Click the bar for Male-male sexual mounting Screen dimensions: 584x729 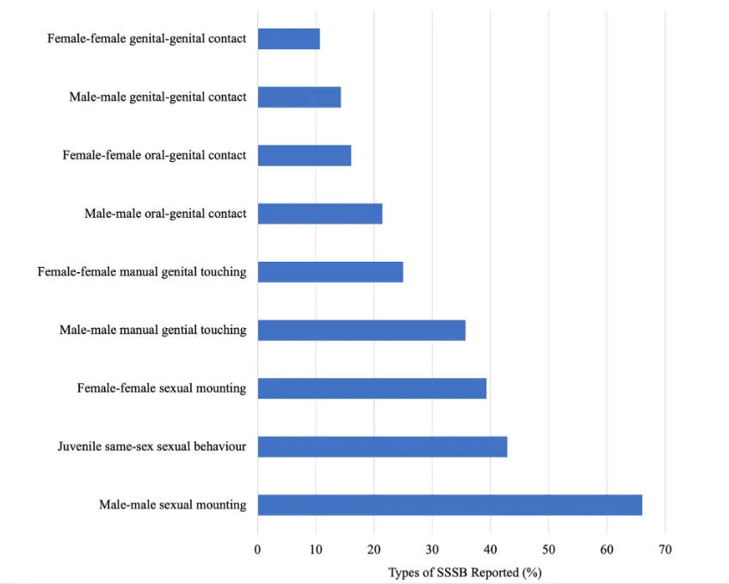(x=449, y=505)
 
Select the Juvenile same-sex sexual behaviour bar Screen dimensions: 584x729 (x=382, y=446)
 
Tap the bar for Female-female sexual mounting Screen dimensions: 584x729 (x=372, y=388)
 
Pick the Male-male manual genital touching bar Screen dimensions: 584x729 (x=361, y=330)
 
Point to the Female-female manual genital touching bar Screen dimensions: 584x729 (x=331, y=272)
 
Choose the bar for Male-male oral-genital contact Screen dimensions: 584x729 (x=319, y=214)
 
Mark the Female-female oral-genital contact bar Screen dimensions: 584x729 (x=304, y=155)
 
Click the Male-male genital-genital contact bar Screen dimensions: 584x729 (x=299, y=97)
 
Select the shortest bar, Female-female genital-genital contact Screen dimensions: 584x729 (x=288, y=39)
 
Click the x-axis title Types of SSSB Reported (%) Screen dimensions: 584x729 (x=465, y=572)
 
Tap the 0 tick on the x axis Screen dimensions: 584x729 (x=257, y=549)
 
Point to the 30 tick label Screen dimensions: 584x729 (x=432, y=549)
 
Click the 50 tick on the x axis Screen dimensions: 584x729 (x=548, y=549)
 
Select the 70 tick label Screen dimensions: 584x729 (x=664, y=549)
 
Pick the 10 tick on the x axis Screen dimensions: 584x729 (x=315, y=549)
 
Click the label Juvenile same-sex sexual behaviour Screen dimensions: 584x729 (x=151, y=446)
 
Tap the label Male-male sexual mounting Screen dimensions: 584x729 (x=172, y=505)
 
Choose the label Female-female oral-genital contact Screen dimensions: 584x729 (x=154, y=155)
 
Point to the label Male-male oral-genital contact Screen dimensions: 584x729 (x=165, y=214)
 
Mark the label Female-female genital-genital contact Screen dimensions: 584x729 (x=146, y=39)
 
